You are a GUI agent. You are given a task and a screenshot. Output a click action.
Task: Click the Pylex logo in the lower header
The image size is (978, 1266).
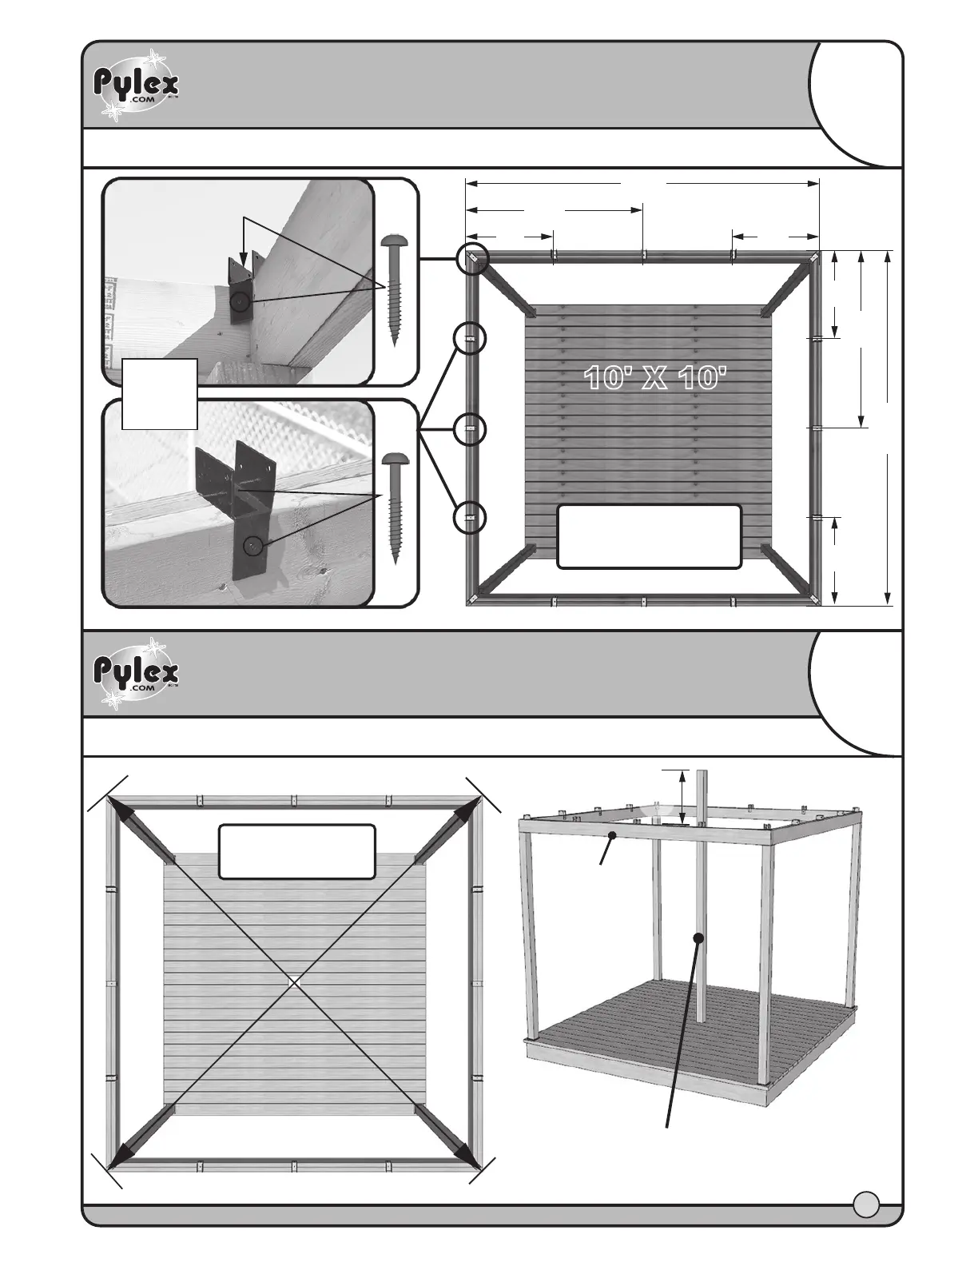click(137, 673)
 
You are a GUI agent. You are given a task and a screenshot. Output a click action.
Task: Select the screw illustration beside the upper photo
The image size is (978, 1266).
click(394, 289)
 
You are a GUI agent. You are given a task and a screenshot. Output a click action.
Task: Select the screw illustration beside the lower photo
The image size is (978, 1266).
click(394, 507)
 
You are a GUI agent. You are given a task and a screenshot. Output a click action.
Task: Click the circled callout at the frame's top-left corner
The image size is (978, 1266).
click(471, 259)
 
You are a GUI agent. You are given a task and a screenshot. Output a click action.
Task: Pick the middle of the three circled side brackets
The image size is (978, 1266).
click(471, 429)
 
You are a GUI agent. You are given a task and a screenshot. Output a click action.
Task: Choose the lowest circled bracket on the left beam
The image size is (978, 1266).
click(471, 518)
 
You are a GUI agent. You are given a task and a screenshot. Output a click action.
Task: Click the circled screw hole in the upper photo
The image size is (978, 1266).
click(241, 302)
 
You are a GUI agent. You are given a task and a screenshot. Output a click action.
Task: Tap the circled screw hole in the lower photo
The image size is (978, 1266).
click(253, 545)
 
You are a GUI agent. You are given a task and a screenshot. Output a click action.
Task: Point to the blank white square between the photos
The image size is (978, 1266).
click(160, 393)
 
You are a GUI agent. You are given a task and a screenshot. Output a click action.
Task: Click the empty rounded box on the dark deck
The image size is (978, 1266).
click(649, 536)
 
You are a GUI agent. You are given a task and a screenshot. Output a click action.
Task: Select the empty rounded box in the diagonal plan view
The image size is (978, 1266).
click(296, 851)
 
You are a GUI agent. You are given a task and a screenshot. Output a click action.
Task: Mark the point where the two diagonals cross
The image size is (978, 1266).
click(294, 980)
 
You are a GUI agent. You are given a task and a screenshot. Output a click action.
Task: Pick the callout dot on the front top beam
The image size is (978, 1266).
click(612, 835)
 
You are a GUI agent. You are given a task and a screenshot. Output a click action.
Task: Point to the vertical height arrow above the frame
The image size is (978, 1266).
click(681, 796)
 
